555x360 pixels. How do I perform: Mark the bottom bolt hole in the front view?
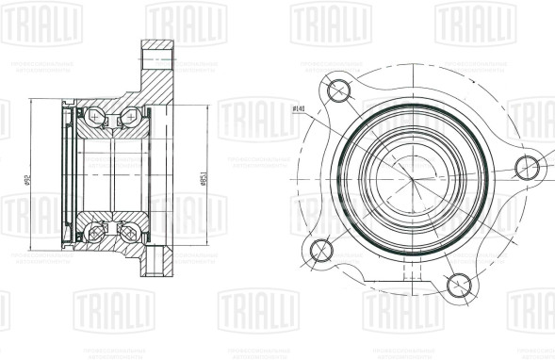click(459, 284)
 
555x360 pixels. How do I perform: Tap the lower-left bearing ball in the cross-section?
click(94, 232)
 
